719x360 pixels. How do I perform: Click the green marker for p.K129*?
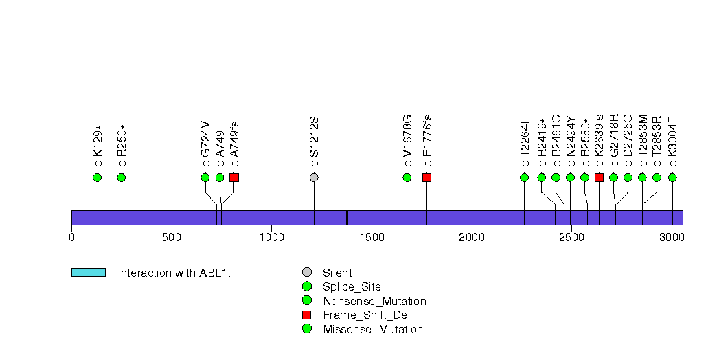click(x=97, y=177)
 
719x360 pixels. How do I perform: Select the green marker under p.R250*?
click(x=122, y=177)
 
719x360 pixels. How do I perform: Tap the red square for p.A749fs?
click(x=234, y=177)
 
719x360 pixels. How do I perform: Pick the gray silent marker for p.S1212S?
click(x=314, y=177)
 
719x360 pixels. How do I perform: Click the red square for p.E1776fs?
click(x=426, y=177)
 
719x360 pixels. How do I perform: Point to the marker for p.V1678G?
click(x=407, y=177)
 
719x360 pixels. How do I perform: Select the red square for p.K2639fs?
click(x=599, y=177)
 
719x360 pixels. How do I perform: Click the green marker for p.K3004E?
click(x=672, y=177)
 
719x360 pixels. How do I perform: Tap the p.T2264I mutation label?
click(x=525, y=144)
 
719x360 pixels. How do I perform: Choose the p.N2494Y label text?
click(x=571, y=144)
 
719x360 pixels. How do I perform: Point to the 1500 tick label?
click(x=372, y=237)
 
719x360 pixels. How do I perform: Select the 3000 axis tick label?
click(x=672, y=237)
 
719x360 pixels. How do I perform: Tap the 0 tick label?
click(x=71, y=237)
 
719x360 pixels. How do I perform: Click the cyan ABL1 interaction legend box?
click(x=88, y=273)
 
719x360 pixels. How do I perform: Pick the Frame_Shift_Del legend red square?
click(x=307, y=315)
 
